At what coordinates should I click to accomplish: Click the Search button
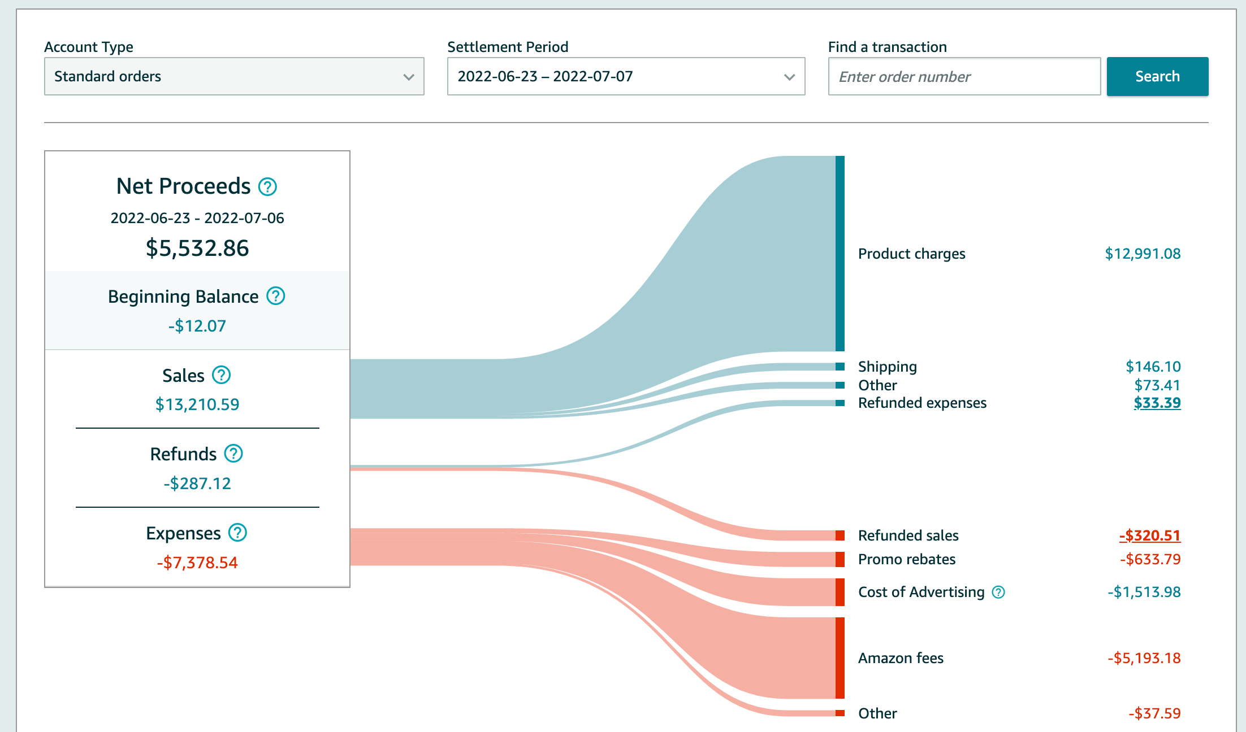[1157, 76]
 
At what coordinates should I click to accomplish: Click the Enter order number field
[964, 76]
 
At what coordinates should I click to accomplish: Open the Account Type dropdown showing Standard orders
[234, 76]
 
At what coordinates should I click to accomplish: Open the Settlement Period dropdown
[626, 76]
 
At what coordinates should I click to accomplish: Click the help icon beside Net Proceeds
[267, 186]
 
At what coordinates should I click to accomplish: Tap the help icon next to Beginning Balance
[276, 296]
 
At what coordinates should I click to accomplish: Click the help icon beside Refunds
[233, 454]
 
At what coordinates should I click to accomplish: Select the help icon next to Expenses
[237, 533]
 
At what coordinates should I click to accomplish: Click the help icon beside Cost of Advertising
[998, 592]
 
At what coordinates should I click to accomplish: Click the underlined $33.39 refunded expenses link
[1157, 403]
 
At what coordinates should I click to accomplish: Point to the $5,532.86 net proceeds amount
[197, 248]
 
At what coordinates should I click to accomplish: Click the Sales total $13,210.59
[197, 404]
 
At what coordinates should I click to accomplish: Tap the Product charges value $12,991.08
[1143, 254]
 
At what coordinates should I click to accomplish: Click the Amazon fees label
[901, 658]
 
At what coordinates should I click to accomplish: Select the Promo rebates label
[906, 559]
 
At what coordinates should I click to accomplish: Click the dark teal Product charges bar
[840, 253]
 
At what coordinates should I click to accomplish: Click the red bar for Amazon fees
[840, 658]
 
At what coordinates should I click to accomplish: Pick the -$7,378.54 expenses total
[197, 563]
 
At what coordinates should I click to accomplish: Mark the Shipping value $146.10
[1153, 367]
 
